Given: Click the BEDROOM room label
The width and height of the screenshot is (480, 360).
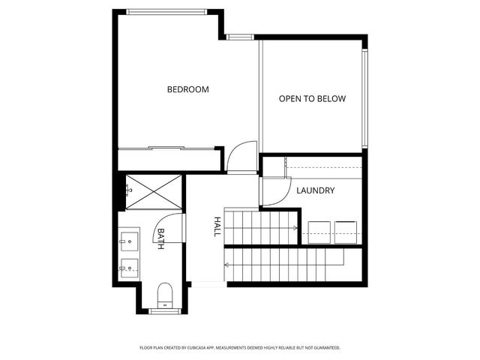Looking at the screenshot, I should point(187,89).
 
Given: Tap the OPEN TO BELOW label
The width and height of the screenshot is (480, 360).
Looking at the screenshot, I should point(313,98).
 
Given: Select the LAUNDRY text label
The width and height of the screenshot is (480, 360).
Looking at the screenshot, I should point(315,190).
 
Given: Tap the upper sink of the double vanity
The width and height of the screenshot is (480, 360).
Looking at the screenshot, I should point(127,241).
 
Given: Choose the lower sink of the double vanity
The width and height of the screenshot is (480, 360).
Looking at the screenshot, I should point(127,265).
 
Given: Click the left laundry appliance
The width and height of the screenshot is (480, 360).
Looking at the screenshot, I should point(317,232).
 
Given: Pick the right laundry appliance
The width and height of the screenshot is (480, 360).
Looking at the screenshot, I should point(346,232).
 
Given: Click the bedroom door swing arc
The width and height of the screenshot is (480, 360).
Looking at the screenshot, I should point(241,156).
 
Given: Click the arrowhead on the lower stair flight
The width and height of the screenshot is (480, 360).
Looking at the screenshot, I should point(226,264).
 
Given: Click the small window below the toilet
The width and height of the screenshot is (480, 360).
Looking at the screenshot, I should point(163,310).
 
